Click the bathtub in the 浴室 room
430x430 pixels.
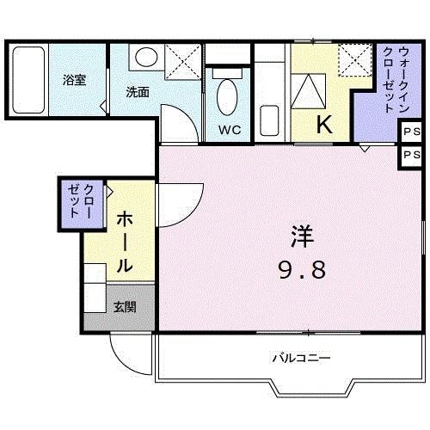point(28,80)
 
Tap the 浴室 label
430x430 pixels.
point(74,80)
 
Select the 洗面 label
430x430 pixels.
point(138,92)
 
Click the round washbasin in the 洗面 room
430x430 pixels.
point(146,57)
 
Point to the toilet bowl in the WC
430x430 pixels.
point(227,97)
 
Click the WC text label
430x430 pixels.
point(230,130)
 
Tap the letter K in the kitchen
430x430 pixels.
point(324,124)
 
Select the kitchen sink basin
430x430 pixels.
point(269,120)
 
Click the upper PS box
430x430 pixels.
point(412,132)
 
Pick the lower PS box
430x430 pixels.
point(412,155)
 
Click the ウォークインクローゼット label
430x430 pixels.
point(396,80)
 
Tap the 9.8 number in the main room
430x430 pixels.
point(302,270)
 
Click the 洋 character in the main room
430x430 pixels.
point(302,236)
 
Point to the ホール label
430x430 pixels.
point(125,242)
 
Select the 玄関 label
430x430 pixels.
point(125,307)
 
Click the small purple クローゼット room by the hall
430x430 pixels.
point(82,204)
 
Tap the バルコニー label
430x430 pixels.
point(301,358)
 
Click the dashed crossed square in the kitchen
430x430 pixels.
point(355,60)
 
